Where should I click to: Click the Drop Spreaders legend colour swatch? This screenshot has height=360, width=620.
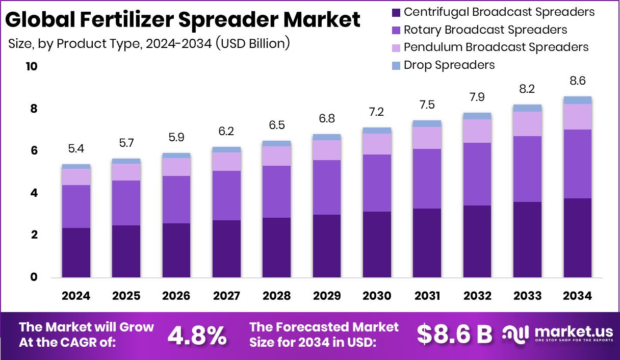[396, 65]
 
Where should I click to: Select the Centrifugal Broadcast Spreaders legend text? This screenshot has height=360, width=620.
[499, 12]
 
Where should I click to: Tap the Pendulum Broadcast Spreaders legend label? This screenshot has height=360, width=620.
[496, 47]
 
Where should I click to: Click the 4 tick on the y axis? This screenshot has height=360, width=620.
[34, 193]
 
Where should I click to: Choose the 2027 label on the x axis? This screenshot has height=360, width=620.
[226, 296]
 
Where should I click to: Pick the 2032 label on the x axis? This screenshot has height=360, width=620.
[477, 296]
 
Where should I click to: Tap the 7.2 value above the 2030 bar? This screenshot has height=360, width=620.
[377, 112]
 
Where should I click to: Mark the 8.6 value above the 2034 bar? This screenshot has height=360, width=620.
[578, 81]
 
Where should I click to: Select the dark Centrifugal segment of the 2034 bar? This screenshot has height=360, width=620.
[578, 238]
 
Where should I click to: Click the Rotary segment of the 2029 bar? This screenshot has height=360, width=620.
[327, 187]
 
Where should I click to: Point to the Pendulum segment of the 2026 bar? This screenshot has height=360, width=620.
[176, 167]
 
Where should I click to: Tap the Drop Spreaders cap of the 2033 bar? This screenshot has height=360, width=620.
[528, 108]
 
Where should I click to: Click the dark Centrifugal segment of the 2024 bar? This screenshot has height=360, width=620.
[76, 252]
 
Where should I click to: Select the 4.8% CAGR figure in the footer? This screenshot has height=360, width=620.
[197, 335]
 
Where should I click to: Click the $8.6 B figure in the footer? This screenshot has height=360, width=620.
[454, 335]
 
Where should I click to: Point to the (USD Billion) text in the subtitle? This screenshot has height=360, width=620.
[252, 43]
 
